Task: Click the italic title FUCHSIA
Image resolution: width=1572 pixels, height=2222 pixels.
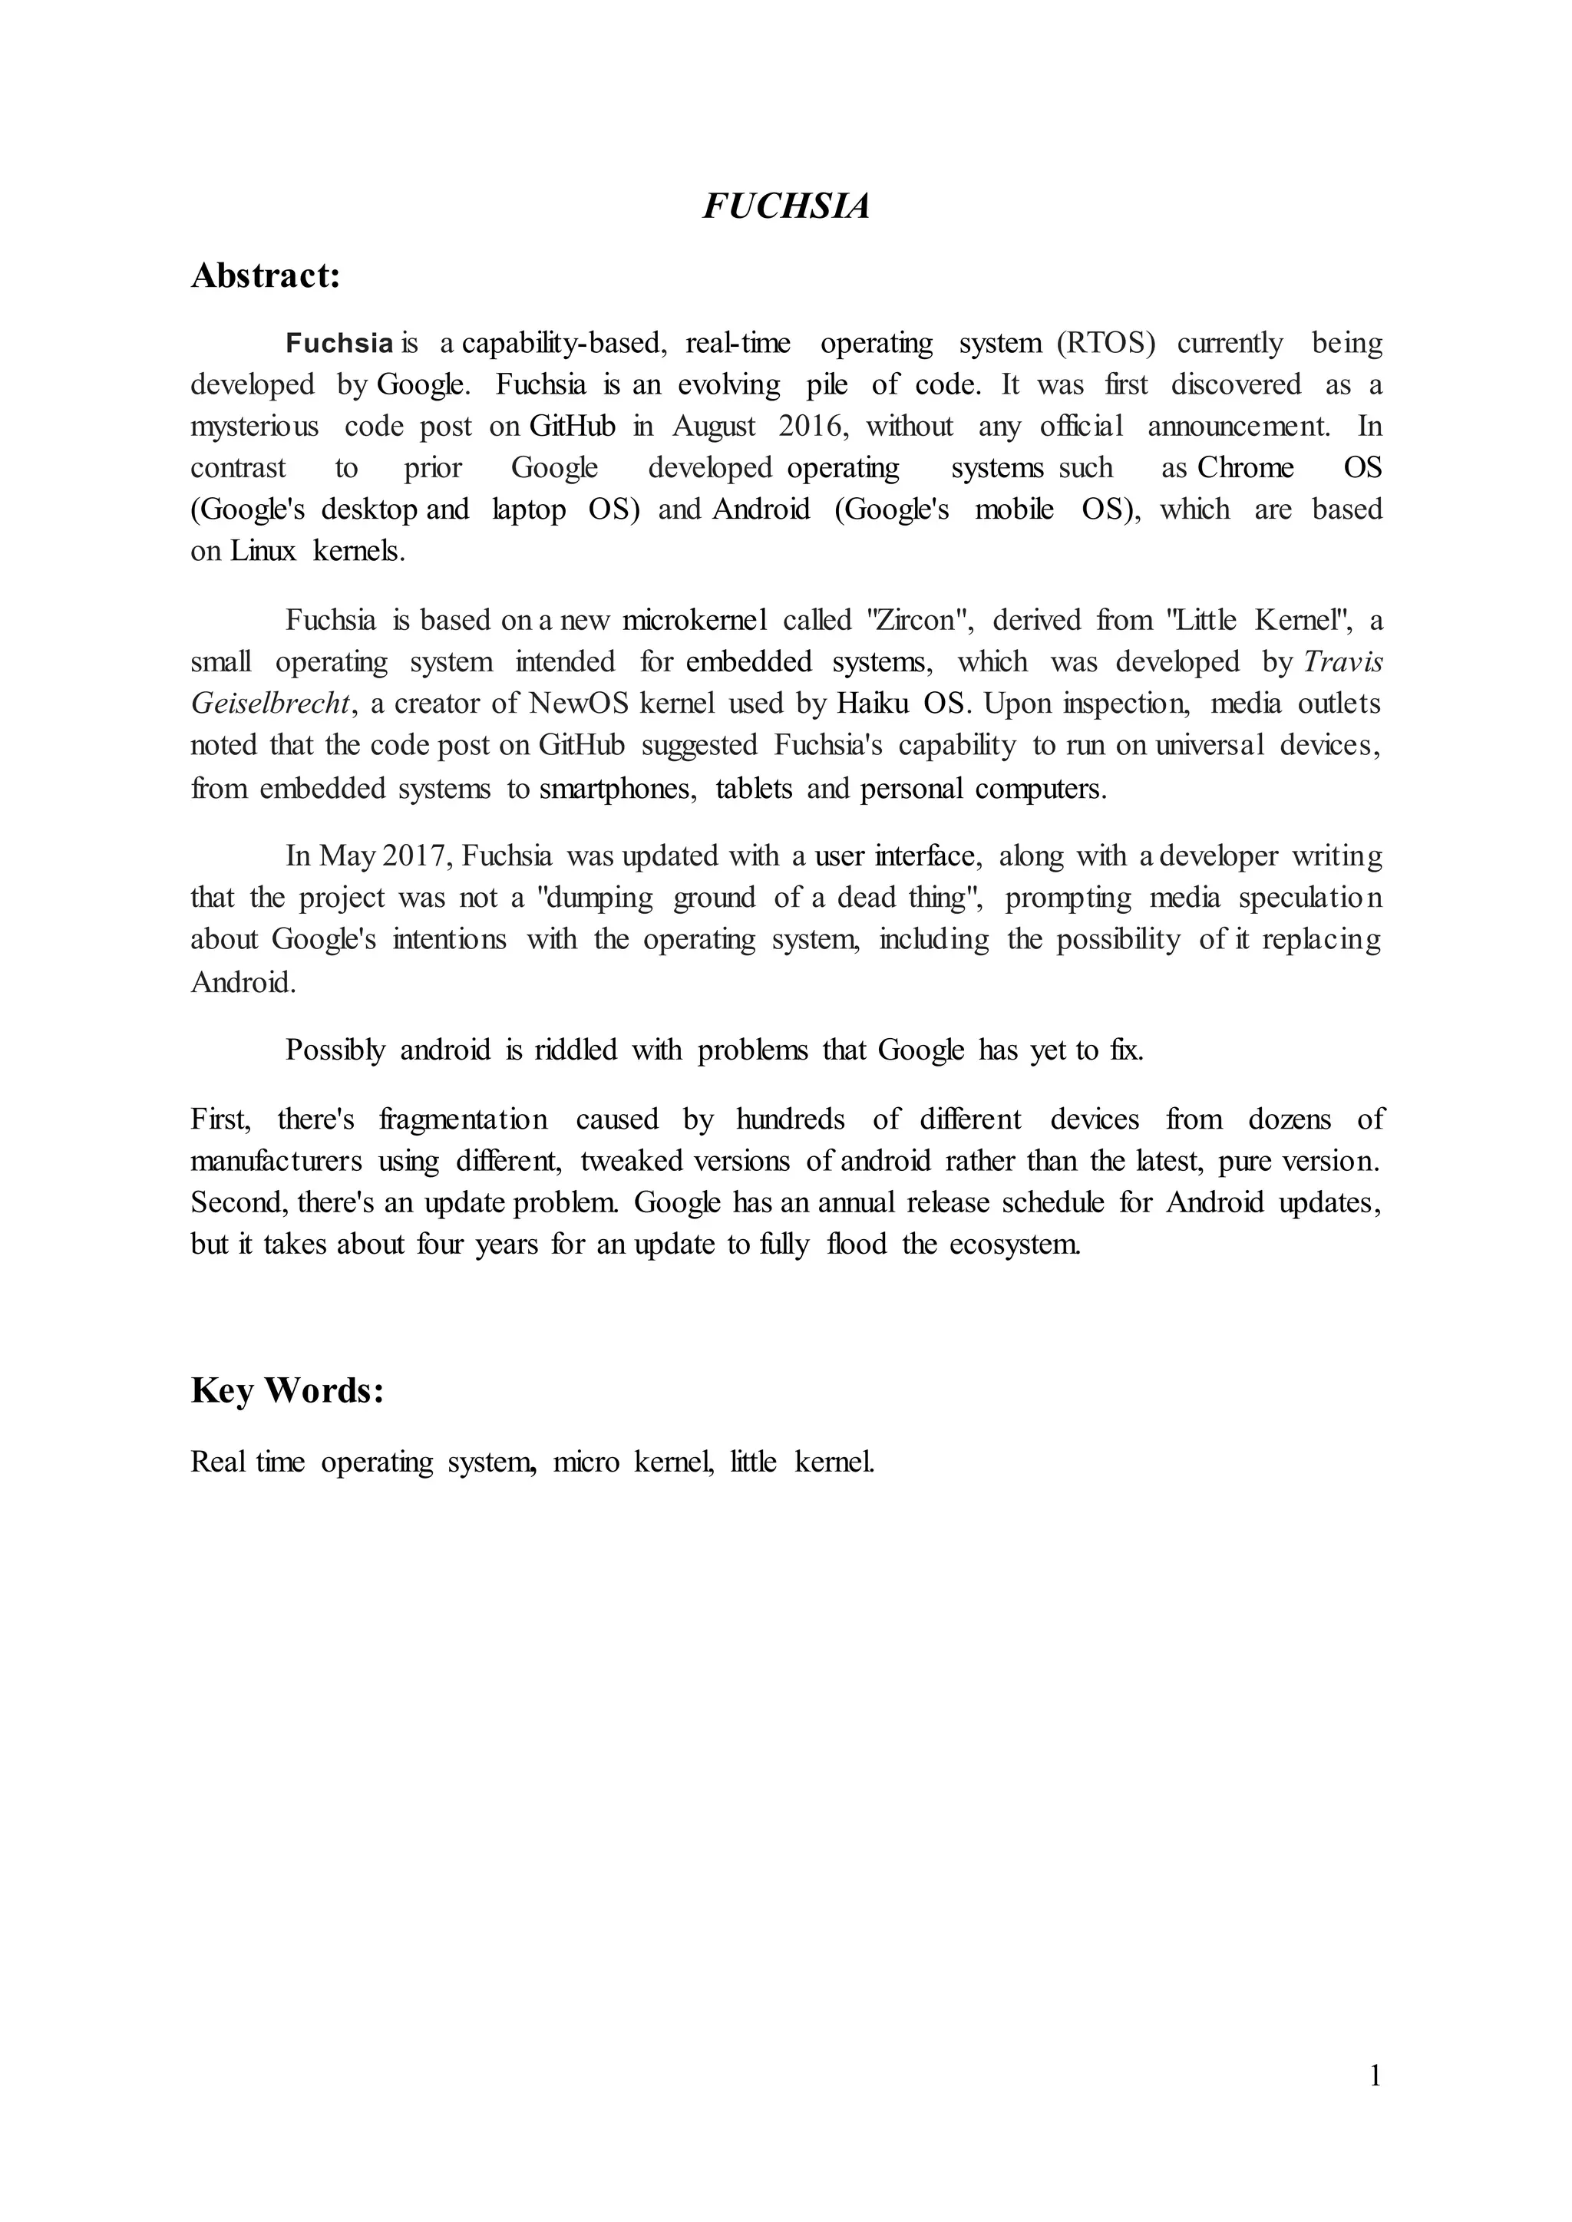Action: click(x=785, y=206)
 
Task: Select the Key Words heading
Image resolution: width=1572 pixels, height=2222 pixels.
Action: click(x=288, y=1391)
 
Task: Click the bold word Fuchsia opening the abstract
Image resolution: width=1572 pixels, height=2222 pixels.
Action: click(x=339, y=344)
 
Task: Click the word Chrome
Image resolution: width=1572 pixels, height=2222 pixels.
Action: click(x=1245, y=468)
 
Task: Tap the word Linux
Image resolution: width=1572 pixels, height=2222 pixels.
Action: click(x=263, y=552)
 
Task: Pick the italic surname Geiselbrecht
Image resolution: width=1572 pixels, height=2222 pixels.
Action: click(x=270, y=704)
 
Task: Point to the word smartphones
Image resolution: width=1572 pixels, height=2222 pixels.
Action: click(x=616, y=789)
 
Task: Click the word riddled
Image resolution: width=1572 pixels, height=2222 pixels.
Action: click(x=575, y=1050)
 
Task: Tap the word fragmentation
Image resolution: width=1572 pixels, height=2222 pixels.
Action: click(x=463, y=1119)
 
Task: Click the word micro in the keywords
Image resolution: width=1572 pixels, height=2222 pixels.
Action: click(x=586, y=1462)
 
